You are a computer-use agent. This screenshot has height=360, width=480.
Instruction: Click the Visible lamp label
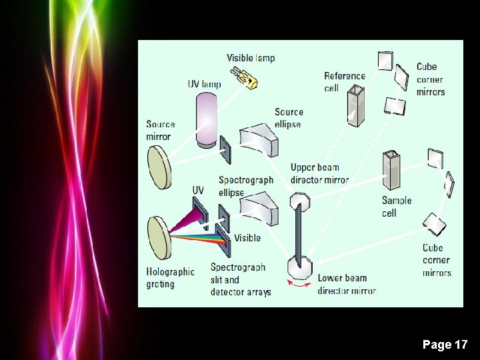(x=250, y=58)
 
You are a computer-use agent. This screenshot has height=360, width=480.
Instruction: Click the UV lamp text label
(x=204, y=85)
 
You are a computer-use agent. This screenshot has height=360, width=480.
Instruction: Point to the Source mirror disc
(x=159, y=167)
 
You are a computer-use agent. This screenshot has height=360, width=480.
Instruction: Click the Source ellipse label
(x=288, y=118)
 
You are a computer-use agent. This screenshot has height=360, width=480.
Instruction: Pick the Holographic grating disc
(x=159, y=237)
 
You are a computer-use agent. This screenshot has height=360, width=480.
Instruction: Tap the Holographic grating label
(x=170, y=278)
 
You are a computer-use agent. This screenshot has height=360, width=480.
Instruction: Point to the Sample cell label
(x=397, y=207)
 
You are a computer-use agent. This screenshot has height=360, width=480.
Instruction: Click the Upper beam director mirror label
(x=319, y=174)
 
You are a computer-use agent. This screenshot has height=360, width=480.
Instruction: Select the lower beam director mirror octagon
(x=299, y=268)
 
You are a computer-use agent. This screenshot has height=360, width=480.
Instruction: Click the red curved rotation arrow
(x=298, y=285)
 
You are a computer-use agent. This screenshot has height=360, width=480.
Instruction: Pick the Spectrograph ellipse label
(x=245, y=186)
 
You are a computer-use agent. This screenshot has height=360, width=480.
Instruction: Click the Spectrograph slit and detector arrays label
(x=240, y=279)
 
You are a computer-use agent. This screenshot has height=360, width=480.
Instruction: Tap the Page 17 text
(x=445, y=345)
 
